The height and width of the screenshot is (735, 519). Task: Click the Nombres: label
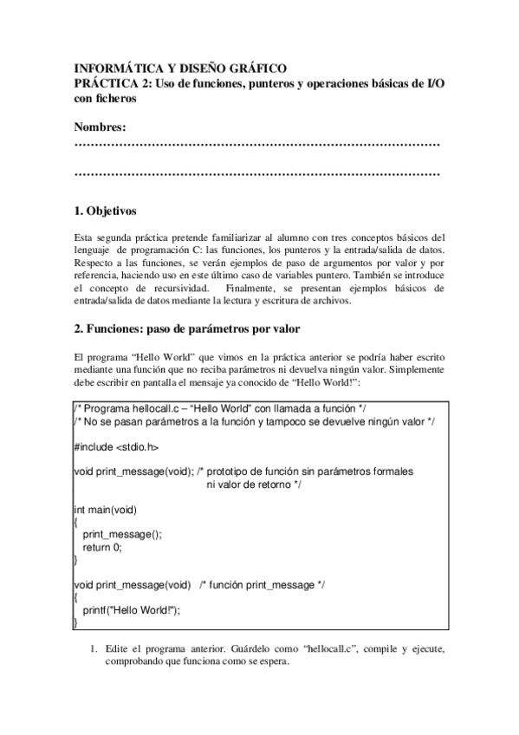(101, 127)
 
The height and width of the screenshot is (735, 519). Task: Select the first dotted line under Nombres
(257, 143)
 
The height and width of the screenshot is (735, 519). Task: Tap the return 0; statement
(102, 547)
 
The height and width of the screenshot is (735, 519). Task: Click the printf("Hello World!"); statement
(131, 610)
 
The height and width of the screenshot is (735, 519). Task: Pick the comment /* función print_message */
(262, 585)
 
